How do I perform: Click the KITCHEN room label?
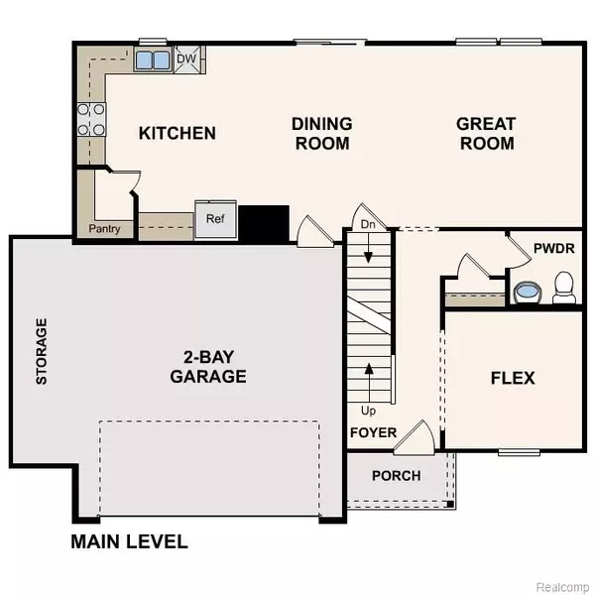click(178, 133)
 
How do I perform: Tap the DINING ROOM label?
click(321, 134)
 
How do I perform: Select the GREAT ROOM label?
click(486, 134)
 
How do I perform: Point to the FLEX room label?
click(513, 378)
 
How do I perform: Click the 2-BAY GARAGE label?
click(207, 367)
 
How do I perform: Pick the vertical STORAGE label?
click(41, 351)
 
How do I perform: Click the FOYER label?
click(373, 433)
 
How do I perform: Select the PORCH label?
click(396, 476)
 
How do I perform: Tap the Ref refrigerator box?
click(215, 219)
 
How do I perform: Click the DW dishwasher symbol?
click(186, 59)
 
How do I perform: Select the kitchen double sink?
click(153, 59)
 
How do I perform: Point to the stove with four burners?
click(91, 120)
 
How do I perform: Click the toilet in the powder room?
click(564, 288)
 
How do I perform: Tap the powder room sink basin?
click(527, 292)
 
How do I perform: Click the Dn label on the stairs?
click(368, 225)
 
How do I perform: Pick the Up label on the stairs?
click(368, 409)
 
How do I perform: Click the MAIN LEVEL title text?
click(129, 542)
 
